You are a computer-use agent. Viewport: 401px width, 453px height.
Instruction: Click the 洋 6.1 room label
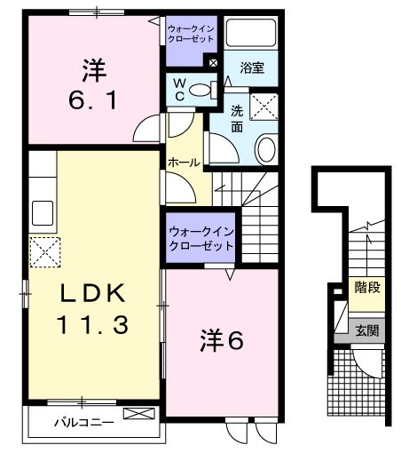pyautogui.click(x=90, y=82)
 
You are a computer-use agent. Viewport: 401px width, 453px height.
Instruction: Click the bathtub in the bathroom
pyautogui.click(x=250, y=34)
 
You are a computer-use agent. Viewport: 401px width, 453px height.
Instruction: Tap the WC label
pyautogui.click(x=178, y=90)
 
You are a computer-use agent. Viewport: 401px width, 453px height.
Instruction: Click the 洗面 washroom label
pyautogui.click(x=238, y=119)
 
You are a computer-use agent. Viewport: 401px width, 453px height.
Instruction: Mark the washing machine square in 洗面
pyautogui.click(x=264, y=107)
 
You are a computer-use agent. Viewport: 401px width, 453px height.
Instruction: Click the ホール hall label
pyautogui.click(x=184, y=163)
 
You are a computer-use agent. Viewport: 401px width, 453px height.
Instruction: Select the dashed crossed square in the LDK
pyautogui.click(x=43, y=252)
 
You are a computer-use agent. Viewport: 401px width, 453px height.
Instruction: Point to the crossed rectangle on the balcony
pyautogui.click(x=138, y=413)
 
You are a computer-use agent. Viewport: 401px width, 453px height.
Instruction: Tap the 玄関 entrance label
pyautogui.click(x=366, y=330)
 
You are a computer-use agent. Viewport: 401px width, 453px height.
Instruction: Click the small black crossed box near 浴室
pyautogui.click(x=212, y=61)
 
